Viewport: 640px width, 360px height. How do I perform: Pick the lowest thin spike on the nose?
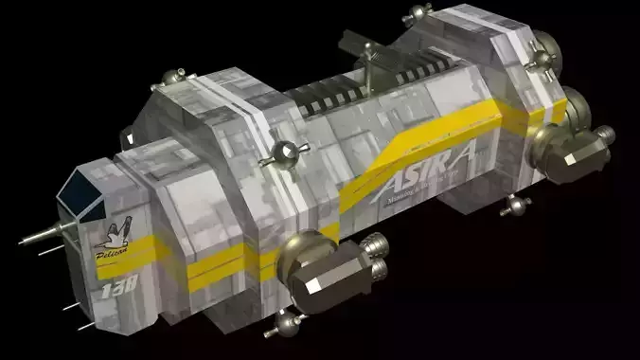(x=80, y=325)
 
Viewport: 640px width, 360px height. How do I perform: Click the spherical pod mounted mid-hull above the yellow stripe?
(x=286, y=153)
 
